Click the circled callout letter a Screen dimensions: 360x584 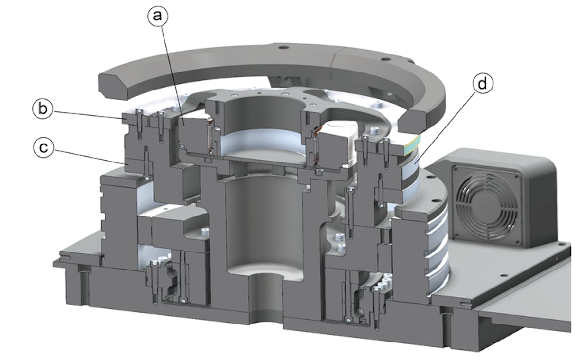157,17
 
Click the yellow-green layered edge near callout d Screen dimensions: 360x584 411,142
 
